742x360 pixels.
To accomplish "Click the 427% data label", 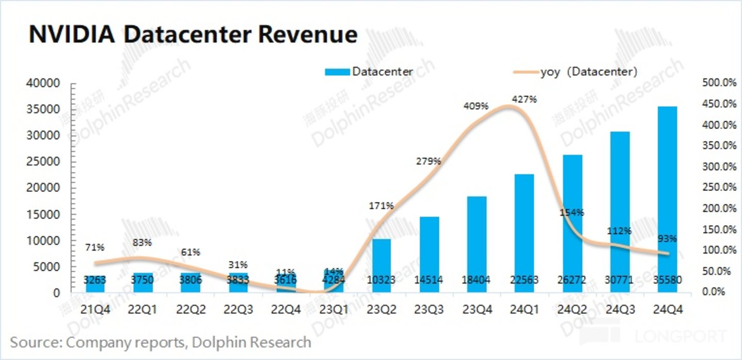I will tap(524, 99).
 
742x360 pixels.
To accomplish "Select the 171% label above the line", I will tap(382, 206).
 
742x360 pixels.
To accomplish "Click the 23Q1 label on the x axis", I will tap(334, 309).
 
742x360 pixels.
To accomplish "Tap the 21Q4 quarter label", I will tap(94, 309).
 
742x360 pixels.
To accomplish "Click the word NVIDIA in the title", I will tap(69, 35).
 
